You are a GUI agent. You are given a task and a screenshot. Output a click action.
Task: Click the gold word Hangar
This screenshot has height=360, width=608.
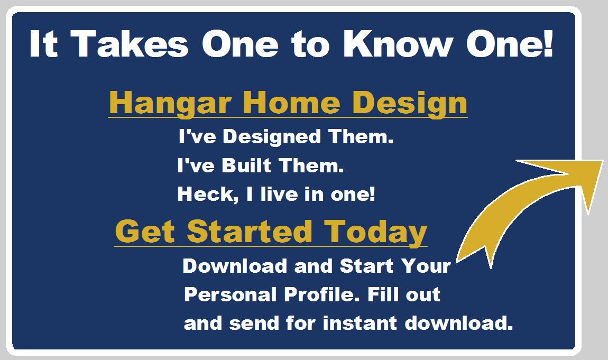click(x=170, y=103)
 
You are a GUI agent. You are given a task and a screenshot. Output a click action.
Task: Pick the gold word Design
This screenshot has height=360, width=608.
click(x=410, y=103)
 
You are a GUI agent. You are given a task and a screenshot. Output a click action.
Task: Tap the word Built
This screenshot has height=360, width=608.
click(x=246, y=165)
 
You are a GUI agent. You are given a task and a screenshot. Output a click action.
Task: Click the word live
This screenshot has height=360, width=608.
click(x=280, y=194)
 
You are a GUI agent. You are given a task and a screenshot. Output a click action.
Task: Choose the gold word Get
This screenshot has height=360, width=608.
click(x=145, y=232)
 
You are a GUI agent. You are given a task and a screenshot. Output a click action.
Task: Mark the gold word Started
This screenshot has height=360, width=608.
click(x=250, y=232)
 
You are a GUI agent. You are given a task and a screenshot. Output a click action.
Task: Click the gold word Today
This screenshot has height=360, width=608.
click(x=375, y=233)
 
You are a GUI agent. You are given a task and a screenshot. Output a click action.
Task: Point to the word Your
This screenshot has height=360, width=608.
click(x=426, y=266)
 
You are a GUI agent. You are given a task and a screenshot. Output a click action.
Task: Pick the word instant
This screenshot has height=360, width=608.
click(x=360, y=323)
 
